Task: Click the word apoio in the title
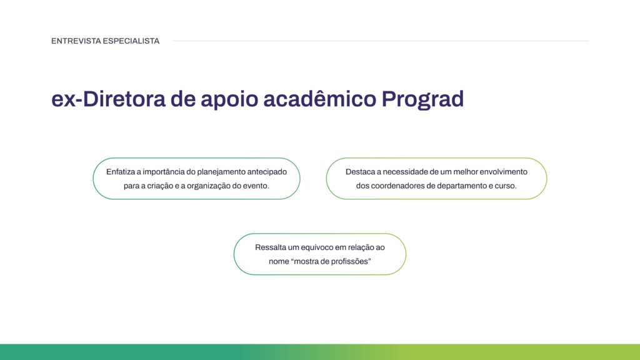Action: pos(227,99)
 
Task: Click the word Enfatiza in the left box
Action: pos(120,171)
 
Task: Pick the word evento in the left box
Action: pos(256,186)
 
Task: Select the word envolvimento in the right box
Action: pos(504,171)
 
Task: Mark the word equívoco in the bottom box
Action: pos(322,247)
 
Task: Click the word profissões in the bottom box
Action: pos(350,262)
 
